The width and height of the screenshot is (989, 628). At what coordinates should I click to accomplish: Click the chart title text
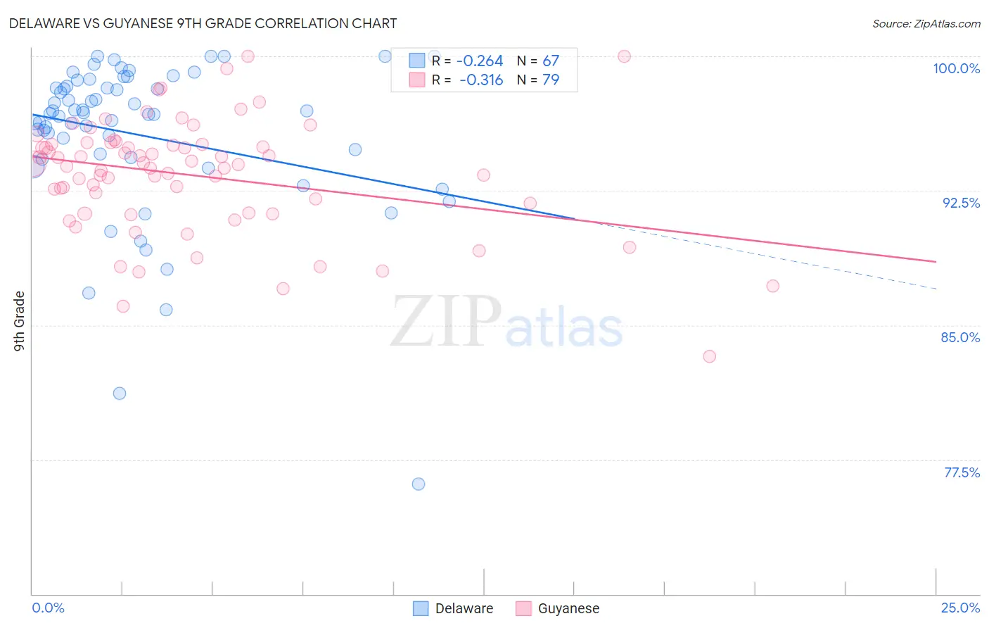(203, 23)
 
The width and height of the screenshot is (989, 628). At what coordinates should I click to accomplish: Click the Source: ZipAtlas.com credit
(926, 23)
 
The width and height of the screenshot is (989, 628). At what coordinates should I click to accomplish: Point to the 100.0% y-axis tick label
(956, 68)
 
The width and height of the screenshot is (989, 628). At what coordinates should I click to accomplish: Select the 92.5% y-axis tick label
(961, 203)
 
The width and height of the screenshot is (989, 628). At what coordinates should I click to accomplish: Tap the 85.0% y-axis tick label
(960, 337)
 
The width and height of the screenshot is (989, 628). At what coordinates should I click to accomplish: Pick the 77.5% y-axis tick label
(962, 472)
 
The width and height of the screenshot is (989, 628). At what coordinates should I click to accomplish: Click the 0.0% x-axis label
(48, 608)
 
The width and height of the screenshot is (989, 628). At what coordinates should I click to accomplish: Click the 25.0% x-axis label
(960, 608)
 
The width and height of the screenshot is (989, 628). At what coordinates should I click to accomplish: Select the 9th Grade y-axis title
(19, 321)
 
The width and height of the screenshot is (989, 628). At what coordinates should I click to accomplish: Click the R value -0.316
(481, 80)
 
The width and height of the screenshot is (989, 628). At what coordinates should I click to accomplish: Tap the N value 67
(551, 61)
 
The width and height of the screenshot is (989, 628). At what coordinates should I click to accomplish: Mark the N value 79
(551, 80)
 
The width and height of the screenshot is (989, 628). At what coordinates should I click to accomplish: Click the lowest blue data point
(419, 484)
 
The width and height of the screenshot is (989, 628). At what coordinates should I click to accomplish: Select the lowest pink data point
(709, 356)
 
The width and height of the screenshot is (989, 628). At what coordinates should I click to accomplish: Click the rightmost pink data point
(772, 286)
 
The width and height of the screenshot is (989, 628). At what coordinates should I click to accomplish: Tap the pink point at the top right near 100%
(624, 56)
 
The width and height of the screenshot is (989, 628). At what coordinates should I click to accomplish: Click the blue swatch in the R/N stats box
(418, 61)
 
